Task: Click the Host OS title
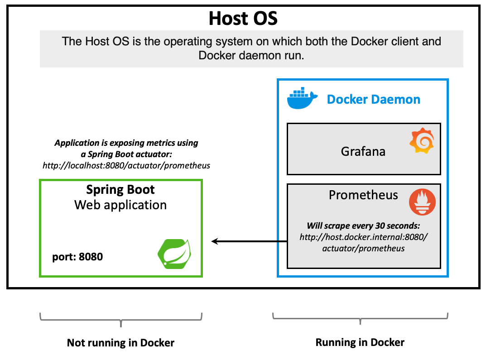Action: (243, 19)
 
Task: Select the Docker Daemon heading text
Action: (373, 99)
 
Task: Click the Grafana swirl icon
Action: (422, 141)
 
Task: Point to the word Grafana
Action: (363, 151)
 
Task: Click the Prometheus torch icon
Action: (422, 202)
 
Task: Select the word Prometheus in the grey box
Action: (363, 195)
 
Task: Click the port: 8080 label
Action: (77, 257)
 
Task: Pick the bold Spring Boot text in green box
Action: (120, 190)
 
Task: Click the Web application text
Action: (120, 205)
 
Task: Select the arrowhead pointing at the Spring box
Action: (215, 241)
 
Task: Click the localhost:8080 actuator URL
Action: (126, 165)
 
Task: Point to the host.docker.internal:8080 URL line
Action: (363, 237)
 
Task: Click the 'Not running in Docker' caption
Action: (120, 343)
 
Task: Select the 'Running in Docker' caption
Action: (360, 342)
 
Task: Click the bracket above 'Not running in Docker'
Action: (120, 319)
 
